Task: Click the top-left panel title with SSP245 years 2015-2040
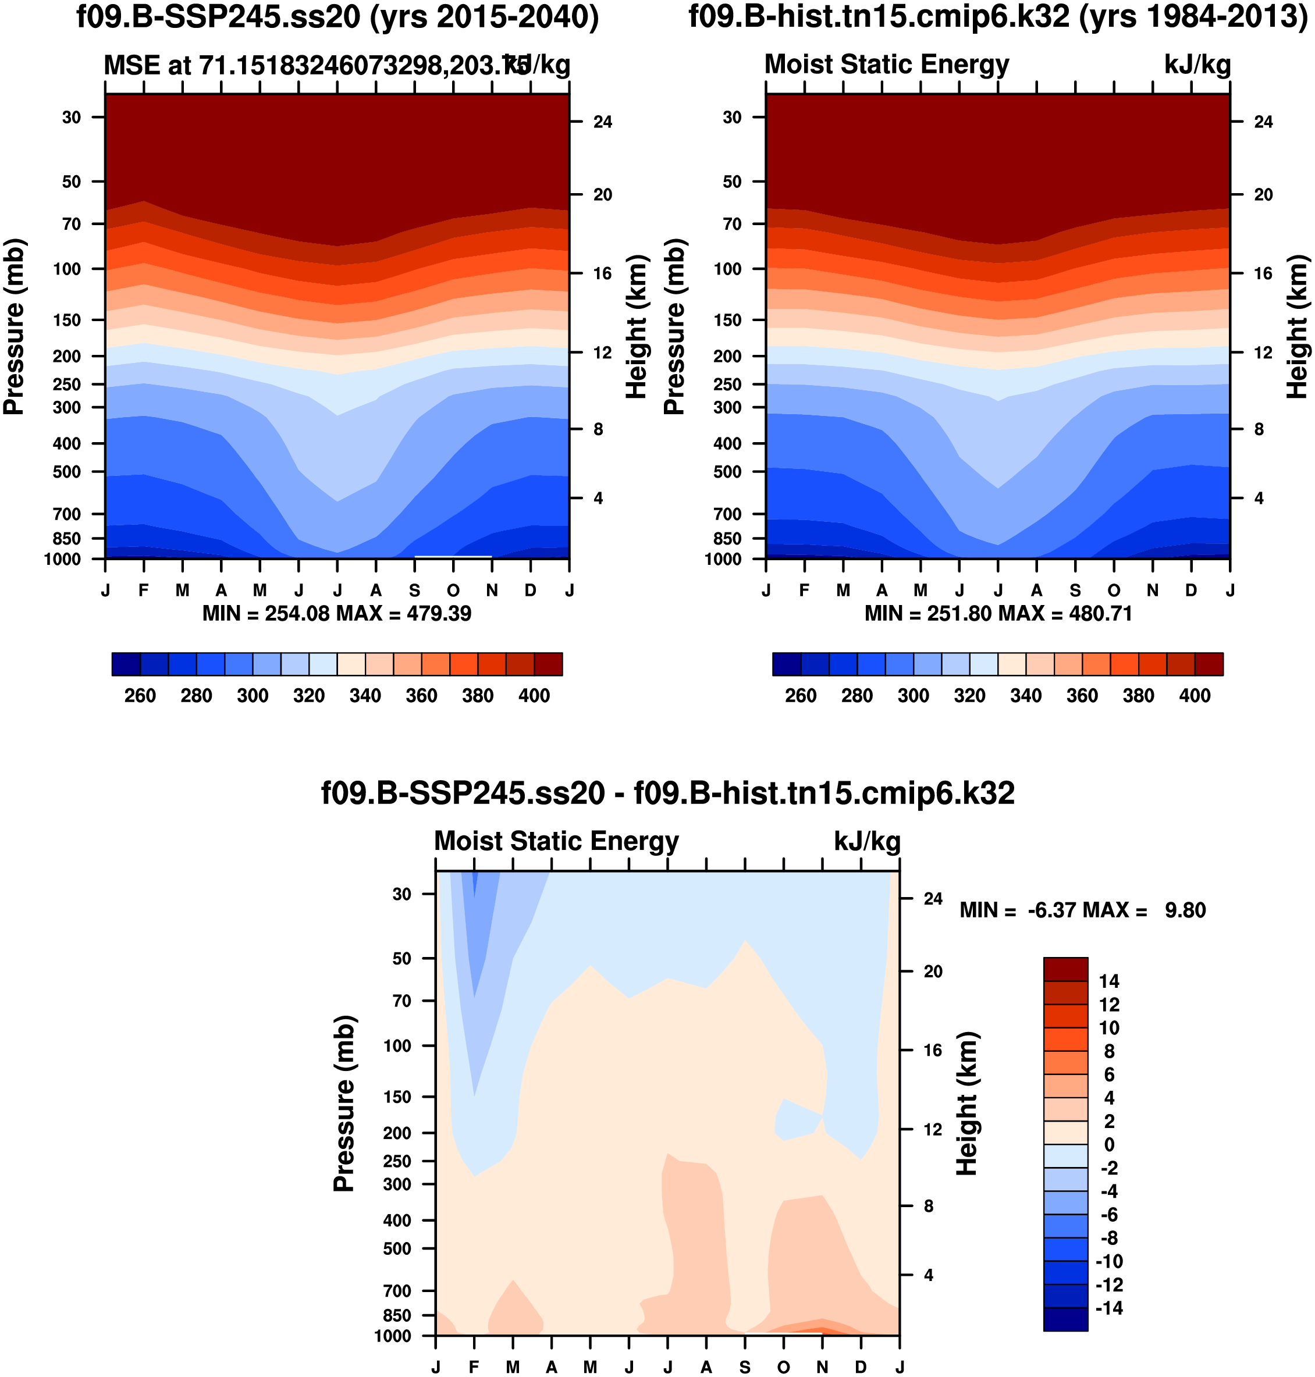[337, 17]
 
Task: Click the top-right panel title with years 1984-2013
[997, 17]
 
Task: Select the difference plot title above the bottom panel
[667, 794]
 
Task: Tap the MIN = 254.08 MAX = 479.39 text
[336, 614]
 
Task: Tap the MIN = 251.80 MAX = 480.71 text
[997, 614]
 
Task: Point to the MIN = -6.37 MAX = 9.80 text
[1082, 910]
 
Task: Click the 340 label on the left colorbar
[365, 696]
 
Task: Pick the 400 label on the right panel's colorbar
[1195, 696]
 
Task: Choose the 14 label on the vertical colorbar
[1109, 981]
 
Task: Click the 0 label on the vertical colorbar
[1109, 1144]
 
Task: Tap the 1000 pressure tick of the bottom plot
[393, 1336]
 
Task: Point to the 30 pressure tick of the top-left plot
[72, 117]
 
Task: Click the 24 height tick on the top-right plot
[1263, 122]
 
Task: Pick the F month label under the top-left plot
[144, 590]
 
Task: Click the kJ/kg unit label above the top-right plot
[1197, 65]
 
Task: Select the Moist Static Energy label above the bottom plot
[557, 841]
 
